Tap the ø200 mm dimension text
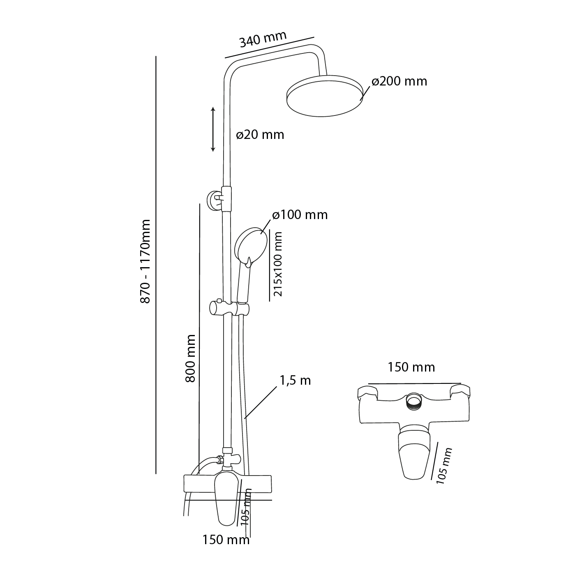click(x=399, y=81)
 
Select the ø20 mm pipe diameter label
click(x=260, y=135)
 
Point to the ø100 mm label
click(x=300, y=215)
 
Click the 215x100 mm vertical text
click(x=279, y=264)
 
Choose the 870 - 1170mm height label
click(x=145, y=261)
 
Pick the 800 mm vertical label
click(x=190, y=358)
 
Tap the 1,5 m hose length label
click(x=295, y=381)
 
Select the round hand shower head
click(x=251, y=245)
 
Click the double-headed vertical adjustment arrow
click(x=213, y=129)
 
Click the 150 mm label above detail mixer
click(x=411, y=367)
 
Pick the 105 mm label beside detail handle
click(x=445, y=466)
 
